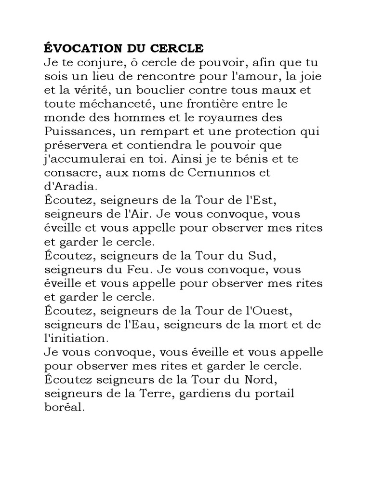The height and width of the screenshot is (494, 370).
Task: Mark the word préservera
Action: (x=72, y=145)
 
